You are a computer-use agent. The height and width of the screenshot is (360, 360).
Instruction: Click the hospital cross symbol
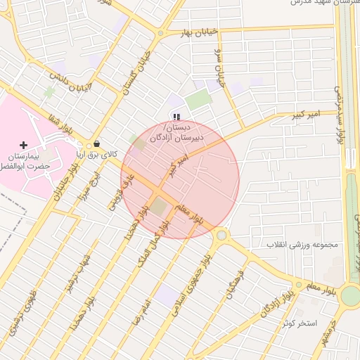coord(24,145)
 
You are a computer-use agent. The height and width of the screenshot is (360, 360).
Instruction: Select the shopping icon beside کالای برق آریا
coord(96,144)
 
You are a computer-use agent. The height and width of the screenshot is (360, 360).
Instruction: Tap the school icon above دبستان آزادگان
coord(176,117)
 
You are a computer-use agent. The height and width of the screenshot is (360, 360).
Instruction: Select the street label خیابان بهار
coord(196,33)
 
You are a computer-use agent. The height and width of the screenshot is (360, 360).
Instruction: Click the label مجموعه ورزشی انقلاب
coord(302,245)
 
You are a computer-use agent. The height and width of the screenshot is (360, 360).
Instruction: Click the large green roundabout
coord(349,295)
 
